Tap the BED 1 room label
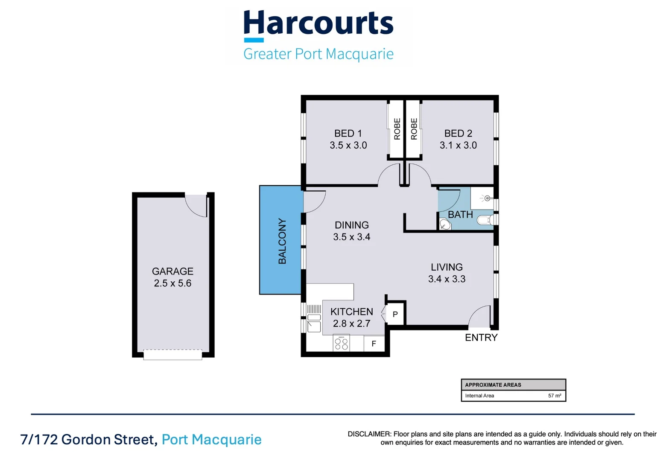tap(348, 134)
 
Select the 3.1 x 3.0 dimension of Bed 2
tap(458, 146)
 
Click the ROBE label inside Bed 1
tap(397, 129)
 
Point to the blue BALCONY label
tap(282, 241)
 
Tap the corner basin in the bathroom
tap(445, 225)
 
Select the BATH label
tap(460, 215)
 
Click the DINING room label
tap(351, 225)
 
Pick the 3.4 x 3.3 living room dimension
tap(447, 279)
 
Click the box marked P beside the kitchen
tap(395, 314)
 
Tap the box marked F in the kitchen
tap(374, 344)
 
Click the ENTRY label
tap(481, 338)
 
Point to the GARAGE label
tap(172, 271)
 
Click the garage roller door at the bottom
tap(172, 354)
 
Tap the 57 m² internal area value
tap(554, 396)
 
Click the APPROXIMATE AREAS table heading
tap(493, 385)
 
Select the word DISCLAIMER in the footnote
tap(369, 434)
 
